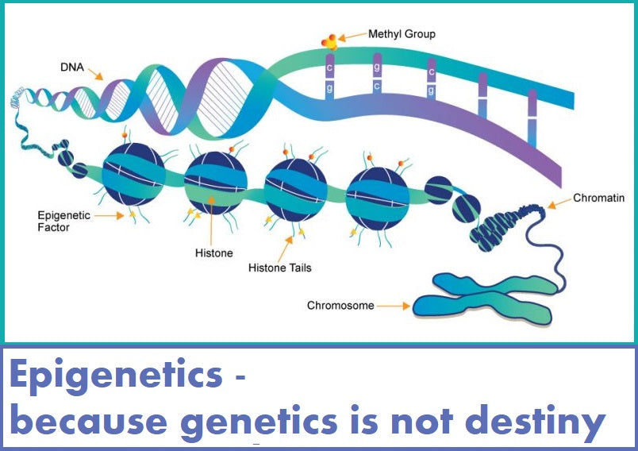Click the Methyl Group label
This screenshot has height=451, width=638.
click(x=402, y=34)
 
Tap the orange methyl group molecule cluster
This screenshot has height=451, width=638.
click(x=329, y=42)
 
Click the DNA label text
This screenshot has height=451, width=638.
click(x=72, y=67)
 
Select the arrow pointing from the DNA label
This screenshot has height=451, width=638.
click(x=95, y=74)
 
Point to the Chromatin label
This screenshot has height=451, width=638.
click(x=598, y=198)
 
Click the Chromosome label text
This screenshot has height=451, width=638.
click(x=340, y=305)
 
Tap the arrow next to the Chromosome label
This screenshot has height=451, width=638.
click(x=394, y=306)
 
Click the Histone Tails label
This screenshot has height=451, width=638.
click(x=279, y=268)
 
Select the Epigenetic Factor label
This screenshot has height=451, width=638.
click(x=64, y=221)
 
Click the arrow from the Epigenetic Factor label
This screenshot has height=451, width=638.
click(x=109, y=215)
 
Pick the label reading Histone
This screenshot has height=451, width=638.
click(x=214, y=253)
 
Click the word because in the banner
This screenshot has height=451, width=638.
click(x=89, y=420)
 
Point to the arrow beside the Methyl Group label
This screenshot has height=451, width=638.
click(x=352, y=37)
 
